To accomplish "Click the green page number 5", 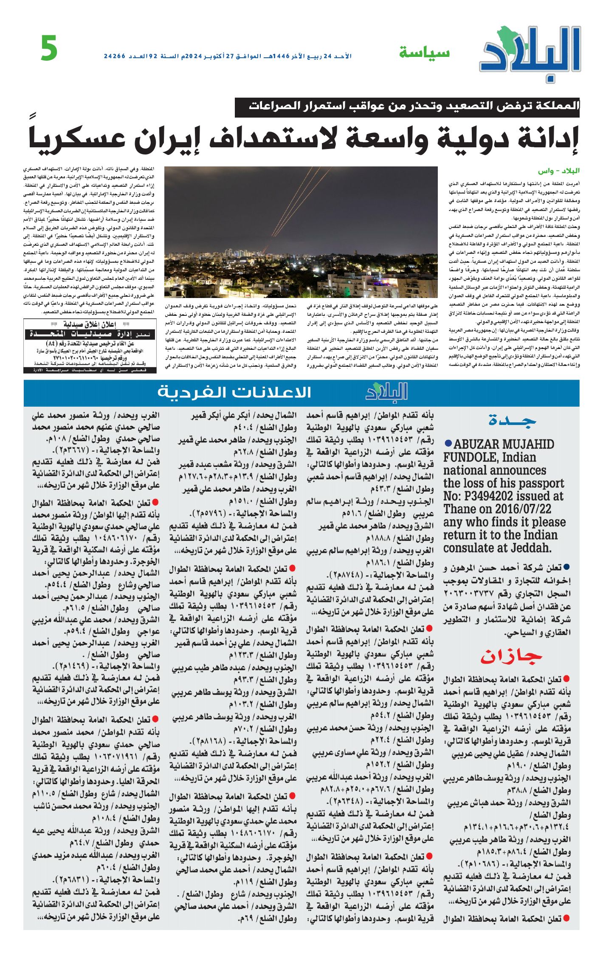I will [49, 48].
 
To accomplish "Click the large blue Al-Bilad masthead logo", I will [530, 53].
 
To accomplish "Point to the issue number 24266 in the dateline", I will [115, 56].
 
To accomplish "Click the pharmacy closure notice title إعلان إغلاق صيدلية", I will [90, 324].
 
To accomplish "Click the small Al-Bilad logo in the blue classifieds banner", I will [386, 392].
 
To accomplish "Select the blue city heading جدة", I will [512, 420].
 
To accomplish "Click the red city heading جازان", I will [511, 657].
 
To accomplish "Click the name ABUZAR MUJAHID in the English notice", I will [504, 444].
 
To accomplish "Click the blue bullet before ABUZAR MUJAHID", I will [448, 443].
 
